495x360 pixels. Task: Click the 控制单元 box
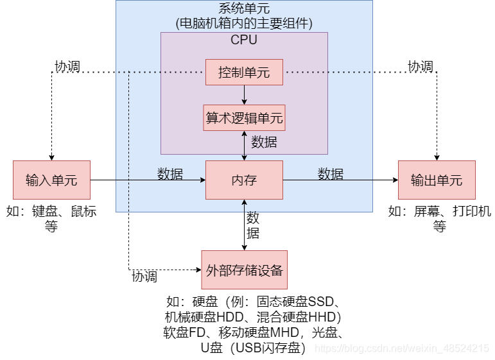[244, 72]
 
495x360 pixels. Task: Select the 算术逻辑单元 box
[244, 118]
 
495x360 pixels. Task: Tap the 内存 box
[244, 180]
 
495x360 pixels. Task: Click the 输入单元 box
[51, 180]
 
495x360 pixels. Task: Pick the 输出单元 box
[437, 180]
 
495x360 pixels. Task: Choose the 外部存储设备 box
[244, 270]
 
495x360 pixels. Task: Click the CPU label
[244, 40]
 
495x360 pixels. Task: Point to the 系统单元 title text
[244, 9]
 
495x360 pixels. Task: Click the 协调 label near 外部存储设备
[144, 277]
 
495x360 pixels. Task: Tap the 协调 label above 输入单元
[67, 67]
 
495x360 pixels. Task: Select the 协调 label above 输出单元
[421, 67]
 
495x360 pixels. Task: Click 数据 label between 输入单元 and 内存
[170, 174]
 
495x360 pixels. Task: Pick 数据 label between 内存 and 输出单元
[331, 174]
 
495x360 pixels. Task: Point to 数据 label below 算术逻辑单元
[264, 142]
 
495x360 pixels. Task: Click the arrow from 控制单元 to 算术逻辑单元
[244, 94]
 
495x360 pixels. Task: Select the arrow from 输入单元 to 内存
[148, 180]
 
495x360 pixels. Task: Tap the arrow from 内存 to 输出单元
[340, 180]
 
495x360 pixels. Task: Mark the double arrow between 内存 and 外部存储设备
[244, 225]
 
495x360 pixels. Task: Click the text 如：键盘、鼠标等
[51, 218]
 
